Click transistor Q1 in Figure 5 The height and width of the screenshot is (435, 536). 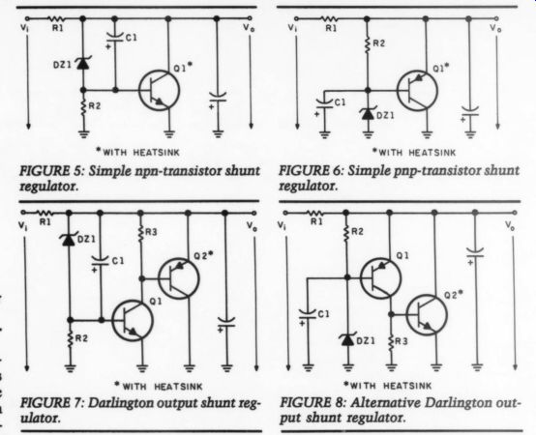tap(159, 90)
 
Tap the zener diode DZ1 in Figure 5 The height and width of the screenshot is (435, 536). tap(82, 64)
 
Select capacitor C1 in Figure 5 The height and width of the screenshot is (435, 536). tap(115, 38)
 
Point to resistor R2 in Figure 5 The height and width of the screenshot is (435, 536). tap(83, 107)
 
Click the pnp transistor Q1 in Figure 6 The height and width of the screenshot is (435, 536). tap(417, 91)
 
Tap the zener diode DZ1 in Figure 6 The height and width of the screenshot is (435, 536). tap(368, 113)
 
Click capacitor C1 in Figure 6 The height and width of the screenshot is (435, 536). tap(324, 103)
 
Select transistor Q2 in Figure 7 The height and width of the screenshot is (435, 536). tap(179, 278)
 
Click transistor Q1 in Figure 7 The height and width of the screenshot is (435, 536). tap(133, 320)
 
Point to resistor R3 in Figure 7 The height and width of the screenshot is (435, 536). tap(141, 234)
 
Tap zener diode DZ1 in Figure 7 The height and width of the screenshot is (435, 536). tap(69, 240)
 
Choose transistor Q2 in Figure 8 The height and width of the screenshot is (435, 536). tap(428, 314)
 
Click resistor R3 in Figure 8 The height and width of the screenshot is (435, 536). tap(392, 341)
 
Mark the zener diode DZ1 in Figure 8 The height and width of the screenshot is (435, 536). tap(347, 338)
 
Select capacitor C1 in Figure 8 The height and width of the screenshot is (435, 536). tap(308, 314)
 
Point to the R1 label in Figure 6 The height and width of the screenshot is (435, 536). tap(331, 28)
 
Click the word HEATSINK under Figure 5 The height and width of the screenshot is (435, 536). tap(156, 152)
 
